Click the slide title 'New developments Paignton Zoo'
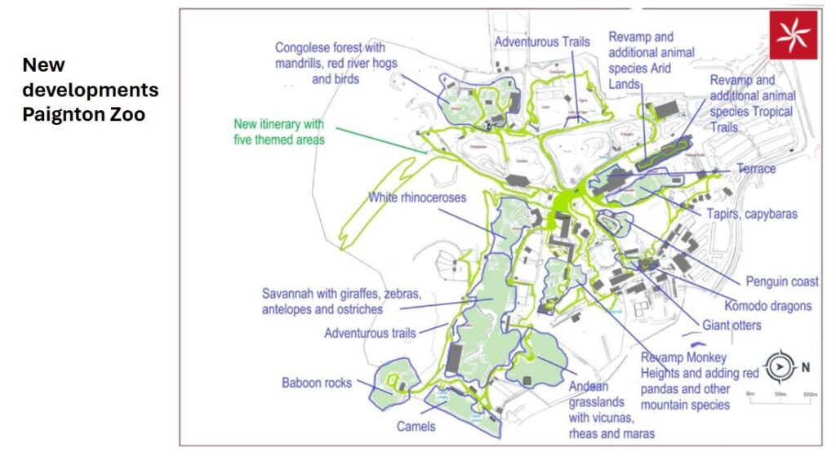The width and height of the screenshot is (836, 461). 90,90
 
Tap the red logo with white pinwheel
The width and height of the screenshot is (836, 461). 792,35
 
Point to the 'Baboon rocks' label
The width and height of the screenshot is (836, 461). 317,382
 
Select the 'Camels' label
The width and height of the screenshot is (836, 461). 416,426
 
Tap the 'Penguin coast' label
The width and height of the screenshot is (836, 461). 781,281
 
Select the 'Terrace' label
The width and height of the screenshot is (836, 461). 755,169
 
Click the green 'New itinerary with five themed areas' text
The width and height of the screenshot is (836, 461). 278,132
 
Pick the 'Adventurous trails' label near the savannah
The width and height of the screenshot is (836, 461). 370,333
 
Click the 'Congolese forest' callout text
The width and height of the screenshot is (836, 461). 330,63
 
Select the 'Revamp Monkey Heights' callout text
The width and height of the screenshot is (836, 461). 700,381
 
